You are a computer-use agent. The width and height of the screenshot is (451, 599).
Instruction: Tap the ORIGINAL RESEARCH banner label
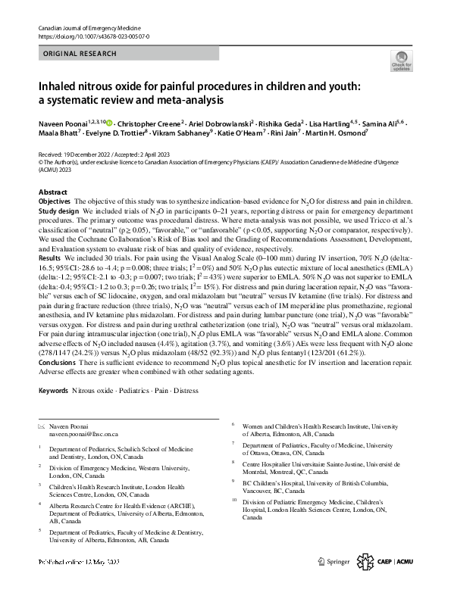(x=80, y=54)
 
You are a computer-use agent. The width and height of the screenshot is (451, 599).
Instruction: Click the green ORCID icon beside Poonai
(x=111, y=121)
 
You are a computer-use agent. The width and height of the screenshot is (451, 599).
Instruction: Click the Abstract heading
(x=52, y=193)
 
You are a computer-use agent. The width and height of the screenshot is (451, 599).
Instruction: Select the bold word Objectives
(x=55, y=201)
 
